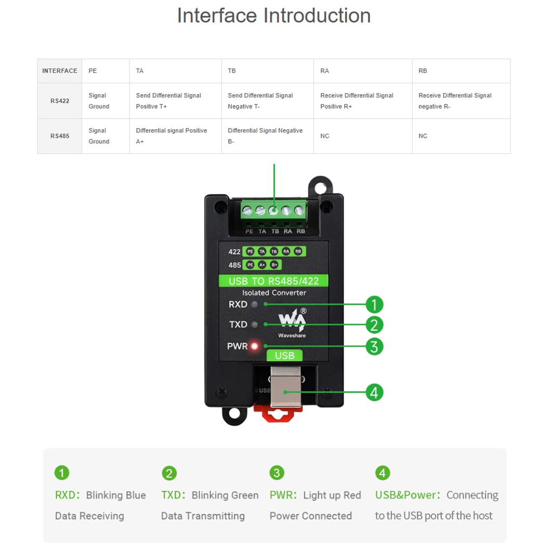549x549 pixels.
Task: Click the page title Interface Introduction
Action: [x=274, y=16]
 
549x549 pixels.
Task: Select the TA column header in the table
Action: [x=140, y=71]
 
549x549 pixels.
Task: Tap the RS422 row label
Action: [x=59, y=101]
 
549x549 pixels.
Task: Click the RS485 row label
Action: [x=59, y=136]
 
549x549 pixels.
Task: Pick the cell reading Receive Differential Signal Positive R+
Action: [x=357, y=101]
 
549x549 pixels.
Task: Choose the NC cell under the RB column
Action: [x=423, y=136]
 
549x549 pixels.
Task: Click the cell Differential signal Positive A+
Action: [x=172, y=136]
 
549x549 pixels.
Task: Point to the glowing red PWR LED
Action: [x=255, y=346]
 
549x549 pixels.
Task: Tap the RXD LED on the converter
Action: [x=254, y=305]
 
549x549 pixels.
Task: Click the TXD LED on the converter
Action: [x=254, y=325]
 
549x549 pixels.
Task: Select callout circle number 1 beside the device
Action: [x=374, y=305]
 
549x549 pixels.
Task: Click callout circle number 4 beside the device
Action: [x=374, y=392]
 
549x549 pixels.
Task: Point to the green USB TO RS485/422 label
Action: [x=274, y=281]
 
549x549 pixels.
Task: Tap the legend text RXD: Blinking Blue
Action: [x=100, y=495]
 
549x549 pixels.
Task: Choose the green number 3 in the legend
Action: [x=277, y=473]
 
